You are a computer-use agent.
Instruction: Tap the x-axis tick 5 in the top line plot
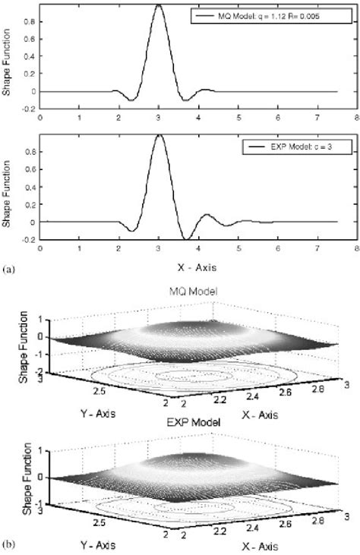[x=238, y=118]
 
